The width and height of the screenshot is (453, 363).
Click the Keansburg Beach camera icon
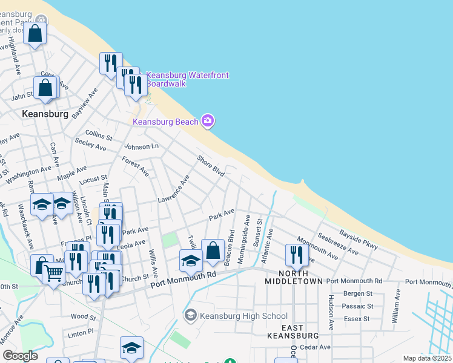(208, 122)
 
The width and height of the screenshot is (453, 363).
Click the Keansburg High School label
(243, 316)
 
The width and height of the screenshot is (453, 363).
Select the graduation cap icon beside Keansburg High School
(191, 315)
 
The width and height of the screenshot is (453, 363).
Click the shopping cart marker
(54, 274)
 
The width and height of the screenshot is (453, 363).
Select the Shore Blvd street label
(211, 166)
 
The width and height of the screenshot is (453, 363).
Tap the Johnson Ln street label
(141, 146)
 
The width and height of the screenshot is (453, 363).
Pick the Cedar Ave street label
(316, 347)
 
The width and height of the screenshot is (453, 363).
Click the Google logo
(20, 356)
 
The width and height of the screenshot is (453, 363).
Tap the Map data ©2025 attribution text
(427, 358)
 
